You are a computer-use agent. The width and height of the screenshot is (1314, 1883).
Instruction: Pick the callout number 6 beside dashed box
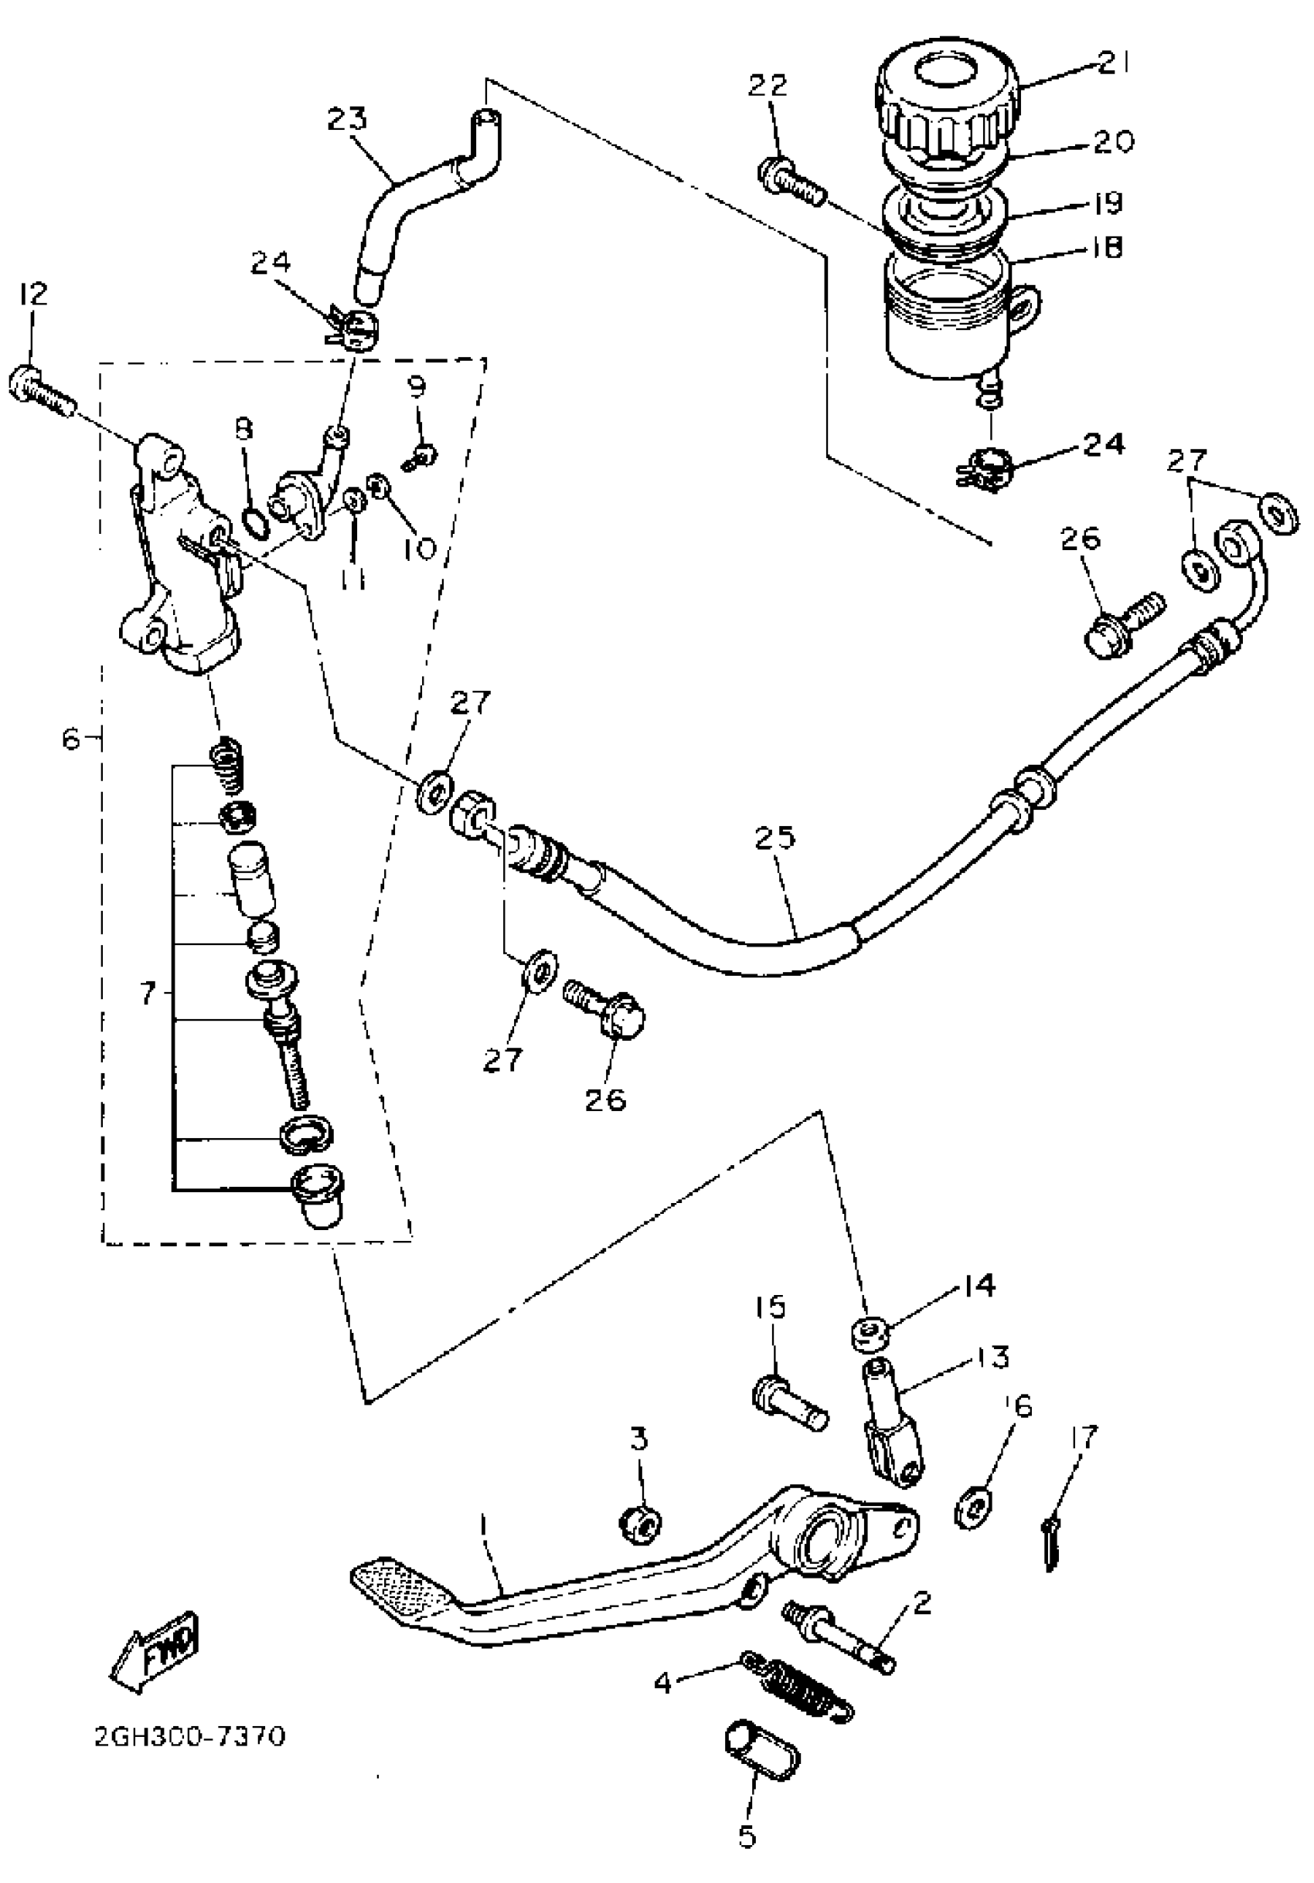pyautogui.click(x=72, y=739)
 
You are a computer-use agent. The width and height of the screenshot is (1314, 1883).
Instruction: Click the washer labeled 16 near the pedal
pyautogui.click(x=974, y=1506)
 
